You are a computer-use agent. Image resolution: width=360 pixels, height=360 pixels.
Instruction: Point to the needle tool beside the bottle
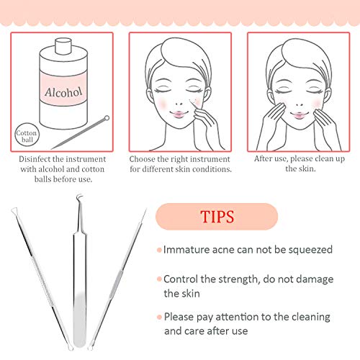80,132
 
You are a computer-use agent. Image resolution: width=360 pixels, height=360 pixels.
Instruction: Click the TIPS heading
216,216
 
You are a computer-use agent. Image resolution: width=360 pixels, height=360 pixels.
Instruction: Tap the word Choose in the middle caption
143,158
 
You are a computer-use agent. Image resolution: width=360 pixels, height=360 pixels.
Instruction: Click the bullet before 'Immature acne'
158,250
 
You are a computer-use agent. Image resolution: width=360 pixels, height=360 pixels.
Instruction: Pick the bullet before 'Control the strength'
158,278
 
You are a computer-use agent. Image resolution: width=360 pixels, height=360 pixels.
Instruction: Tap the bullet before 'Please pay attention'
158,317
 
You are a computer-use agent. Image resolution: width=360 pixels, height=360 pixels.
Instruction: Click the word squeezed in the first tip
310,250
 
